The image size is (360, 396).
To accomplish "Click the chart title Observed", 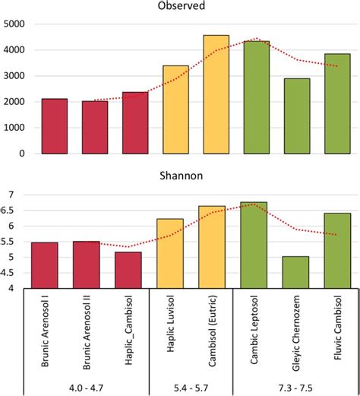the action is tap(182, 5).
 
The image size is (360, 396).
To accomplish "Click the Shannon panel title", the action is tap(182, 176).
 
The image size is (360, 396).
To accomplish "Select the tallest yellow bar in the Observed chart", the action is tap(216, 94).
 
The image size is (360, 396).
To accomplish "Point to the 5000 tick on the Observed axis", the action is tap(14, 24).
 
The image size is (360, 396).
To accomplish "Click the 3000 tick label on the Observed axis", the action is tap(14, 76).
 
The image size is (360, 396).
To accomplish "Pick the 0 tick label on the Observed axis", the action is tap(22, 154).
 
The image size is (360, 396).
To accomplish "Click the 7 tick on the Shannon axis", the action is tap(11, 195).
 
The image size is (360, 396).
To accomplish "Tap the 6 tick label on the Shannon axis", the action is tap(11, 226).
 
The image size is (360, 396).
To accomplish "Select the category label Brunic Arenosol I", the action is tap(45, 331).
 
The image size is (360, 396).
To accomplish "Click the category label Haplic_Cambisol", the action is tap(128, 330).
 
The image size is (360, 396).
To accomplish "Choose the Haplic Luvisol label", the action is tap(171, 324).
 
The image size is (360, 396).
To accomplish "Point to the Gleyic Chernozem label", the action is tap(296, 333).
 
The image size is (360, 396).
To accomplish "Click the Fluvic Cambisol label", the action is tap(338, 328).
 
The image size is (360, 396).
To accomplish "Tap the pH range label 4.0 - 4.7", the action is tap(86, 388).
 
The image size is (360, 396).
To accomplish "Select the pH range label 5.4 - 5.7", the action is tap(191, 388).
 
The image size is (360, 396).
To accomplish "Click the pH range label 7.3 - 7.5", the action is tap(295, 388).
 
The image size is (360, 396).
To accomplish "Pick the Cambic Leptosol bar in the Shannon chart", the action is tap(254, 246).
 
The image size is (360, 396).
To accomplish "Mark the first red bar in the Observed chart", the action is tap(55, 126).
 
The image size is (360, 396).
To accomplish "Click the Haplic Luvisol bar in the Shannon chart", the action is tap(170, 254).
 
